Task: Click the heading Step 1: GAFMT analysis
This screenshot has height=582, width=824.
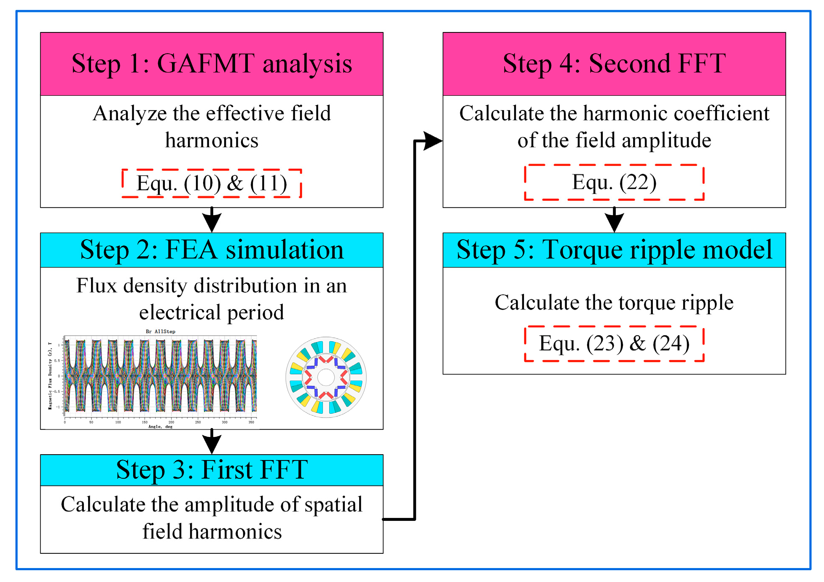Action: (212, 64)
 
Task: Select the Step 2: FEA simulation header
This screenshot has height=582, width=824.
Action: (212, 250)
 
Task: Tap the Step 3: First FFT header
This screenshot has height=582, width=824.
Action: (212, 469)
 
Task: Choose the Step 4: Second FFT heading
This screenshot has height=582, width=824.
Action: (614, 64)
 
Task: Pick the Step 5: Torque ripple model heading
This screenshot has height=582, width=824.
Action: (614, 250)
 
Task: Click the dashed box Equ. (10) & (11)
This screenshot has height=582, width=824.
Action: (212, 183)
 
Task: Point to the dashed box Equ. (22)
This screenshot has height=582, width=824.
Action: (614, 182)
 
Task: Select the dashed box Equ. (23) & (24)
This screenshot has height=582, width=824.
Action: (614, 343)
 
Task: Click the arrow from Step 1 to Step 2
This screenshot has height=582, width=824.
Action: (212, 220)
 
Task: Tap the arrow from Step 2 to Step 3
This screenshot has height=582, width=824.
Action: (212, 441)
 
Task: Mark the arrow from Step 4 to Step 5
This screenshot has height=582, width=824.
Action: (614, 220)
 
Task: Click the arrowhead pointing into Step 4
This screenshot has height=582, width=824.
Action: (432, 141)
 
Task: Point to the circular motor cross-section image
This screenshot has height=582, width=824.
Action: (326, 377)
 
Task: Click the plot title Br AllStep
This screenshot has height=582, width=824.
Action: (160, 331)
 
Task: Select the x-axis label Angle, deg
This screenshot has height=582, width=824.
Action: (160, 426)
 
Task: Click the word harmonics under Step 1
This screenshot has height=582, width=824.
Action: (212, 140)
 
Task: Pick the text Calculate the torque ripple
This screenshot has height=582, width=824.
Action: (614, 302)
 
